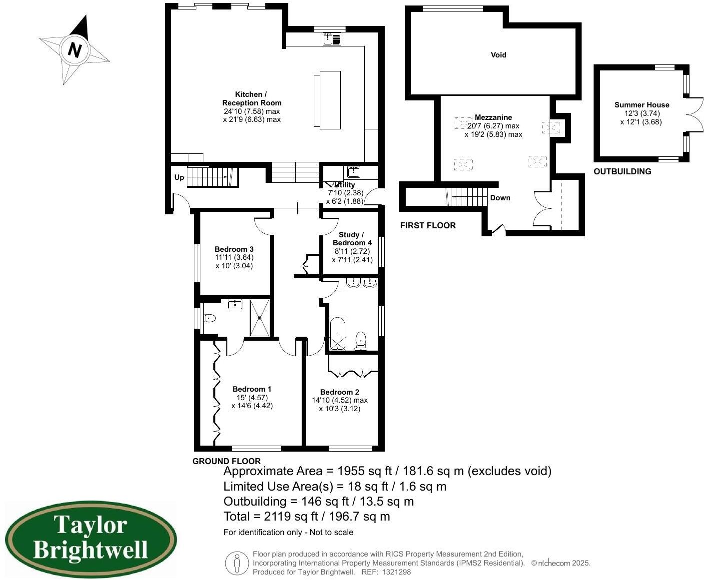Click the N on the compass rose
click(x=75, y=50)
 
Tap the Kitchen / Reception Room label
click(x=251, y=98)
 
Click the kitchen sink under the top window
click(x=332, y=38)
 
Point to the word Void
click(x=498, y=55)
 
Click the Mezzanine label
click(x=493, y=117)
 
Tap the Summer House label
click(x=642, y=105)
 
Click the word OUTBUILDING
click(x=622, y=171)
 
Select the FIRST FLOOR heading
click(x=428, y=225)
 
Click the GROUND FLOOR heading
click(x=226, y=461)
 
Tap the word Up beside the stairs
click(x=179, y=177)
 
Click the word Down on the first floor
click(x=500, y=198)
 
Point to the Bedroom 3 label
click(x=234, y=249)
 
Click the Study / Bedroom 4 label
click(x=352, y=239)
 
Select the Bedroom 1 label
click(x=252, y=389)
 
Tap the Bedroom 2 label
click(x=339, y=392)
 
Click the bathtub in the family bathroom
click(x=337, y=333)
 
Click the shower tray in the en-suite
click(x=259, y=317)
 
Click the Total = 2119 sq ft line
click(x=306, y=517)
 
